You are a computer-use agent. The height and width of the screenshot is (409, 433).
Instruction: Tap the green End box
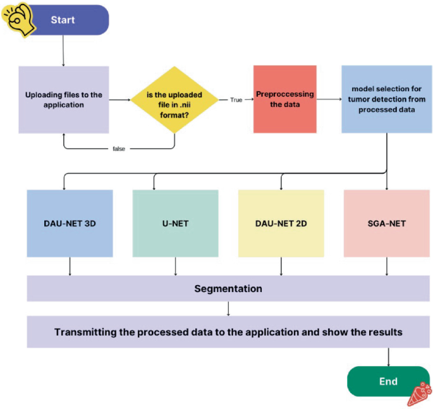click(388, 381)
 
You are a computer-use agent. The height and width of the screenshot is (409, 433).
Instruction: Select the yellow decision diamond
click(174, 100)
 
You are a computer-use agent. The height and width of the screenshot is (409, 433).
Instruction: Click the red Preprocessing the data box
click(284, 99)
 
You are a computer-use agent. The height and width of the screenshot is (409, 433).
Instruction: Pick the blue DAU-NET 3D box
click(70, 224)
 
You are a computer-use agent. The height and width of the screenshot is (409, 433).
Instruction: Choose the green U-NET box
click(175, 224)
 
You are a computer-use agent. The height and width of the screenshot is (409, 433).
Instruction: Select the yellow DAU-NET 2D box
click(281, 224)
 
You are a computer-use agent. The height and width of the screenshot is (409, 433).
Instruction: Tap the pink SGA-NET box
click(386, 224)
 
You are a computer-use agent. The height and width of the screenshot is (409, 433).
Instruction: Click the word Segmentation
click(228, 289)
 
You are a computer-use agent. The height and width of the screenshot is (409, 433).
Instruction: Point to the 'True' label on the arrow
click(235, 100)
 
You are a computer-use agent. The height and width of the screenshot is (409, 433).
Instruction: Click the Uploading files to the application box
click(63, 100)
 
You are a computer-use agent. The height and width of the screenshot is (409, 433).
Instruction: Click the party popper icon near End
click(418, 394)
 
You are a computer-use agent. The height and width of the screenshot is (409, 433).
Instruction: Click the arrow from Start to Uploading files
click(63, 51)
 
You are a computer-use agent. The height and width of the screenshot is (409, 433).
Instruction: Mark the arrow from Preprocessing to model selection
click(329, 99)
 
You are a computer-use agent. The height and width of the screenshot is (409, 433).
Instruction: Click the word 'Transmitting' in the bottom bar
click(85, 332)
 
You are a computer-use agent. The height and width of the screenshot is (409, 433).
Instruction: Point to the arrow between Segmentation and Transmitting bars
click(228, 308)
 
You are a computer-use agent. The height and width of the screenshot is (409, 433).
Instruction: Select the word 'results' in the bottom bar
click(384, 332)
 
